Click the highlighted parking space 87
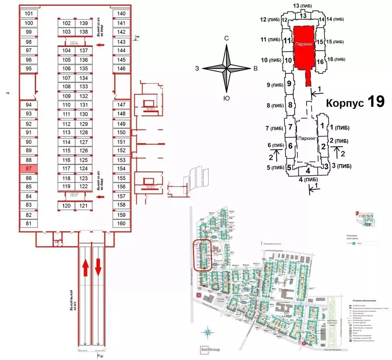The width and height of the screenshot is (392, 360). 29,169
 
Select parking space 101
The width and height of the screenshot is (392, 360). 29,14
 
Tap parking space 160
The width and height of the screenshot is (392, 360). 121,223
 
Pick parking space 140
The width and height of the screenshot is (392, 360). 121,14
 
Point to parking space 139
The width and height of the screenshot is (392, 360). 83,23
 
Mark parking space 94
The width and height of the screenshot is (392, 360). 29,105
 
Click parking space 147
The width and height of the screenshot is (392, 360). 121,105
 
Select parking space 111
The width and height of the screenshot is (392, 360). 67,114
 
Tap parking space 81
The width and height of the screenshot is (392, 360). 29,223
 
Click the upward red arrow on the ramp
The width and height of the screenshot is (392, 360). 86,268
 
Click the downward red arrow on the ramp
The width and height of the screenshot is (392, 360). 98,268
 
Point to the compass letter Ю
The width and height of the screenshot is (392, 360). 226,98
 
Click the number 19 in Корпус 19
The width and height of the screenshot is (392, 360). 376,101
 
